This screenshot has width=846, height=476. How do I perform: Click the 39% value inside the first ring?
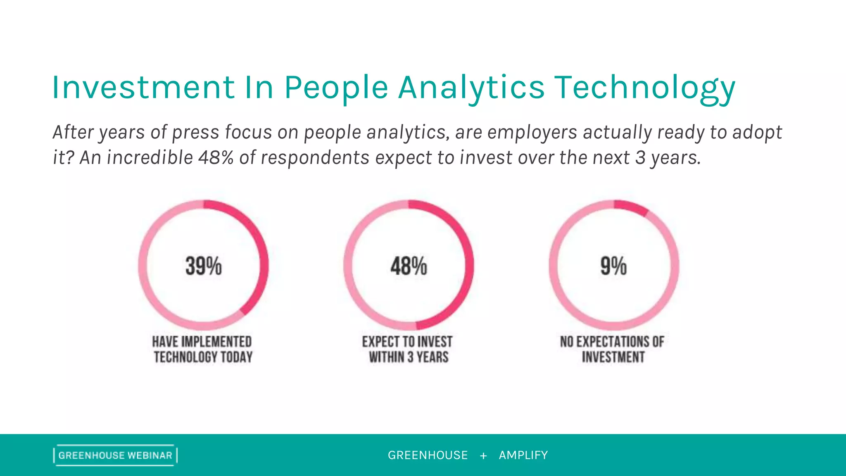pyautogui.click(x=203, y=266)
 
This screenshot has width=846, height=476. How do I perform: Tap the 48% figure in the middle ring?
pyautogui.click(x=409, y=266)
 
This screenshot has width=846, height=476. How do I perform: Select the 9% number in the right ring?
pyautogui.click(x=613, y=266)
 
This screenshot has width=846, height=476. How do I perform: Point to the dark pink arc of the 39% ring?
pyautogui.click(x=261, y=256)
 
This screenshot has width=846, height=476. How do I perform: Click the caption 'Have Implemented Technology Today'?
pyautogui.click(x=202, y=349)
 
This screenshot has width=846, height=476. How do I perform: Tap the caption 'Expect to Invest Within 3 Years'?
pyautogui.click(x=408, y=349)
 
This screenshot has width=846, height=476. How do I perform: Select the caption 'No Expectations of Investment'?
pyautogui.click(x=613, y=349)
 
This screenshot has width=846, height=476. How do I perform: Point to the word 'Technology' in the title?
pyautogui.click(x=644, y=88)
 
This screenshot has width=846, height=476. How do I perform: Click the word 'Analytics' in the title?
pyautogui.click(x=471, y=88)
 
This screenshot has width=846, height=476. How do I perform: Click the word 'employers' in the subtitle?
pyautogui.click(x=532, y=133)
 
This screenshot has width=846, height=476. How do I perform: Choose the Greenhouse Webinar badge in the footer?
pyautogui.click(x=115, y=455)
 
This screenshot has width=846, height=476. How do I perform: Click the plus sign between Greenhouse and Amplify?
pyautogui.click(x=483, y=455)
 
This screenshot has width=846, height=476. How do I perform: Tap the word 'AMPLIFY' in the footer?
pyautogui.click(x=523, y=455)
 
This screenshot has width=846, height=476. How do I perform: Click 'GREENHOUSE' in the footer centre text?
pyautogui.click(x=428, y=455)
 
